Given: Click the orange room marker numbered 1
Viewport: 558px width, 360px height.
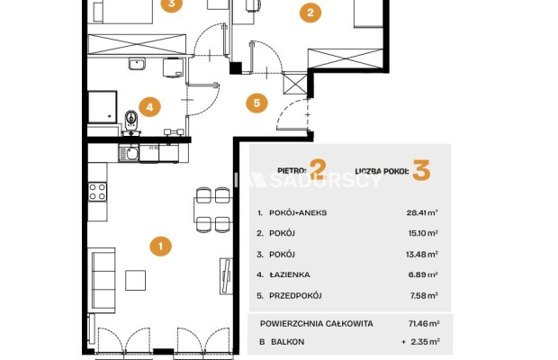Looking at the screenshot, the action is point(160,247).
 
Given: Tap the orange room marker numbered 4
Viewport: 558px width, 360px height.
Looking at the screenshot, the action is point(149,107).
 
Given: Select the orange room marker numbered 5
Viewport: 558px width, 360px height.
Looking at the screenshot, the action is point(256,103).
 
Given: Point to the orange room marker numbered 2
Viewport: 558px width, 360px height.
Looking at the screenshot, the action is point(310,13).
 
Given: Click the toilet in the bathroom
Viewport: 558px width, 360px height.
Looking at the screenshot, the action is point(131,121).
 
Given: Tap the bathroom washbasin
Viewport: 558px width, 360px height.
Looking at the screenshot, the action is point(137,64).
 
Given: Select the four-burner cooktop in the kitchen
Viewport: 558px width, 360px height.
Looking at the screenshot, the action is point(97,192).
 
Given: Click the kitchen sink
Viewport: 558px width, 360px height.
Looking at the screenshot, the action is point(129,154).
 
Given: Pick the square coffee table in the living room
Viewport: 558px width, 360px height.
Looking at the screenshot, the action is point(135,280).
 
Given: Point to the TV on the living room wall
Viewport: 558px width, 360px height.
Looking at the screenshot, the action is point(226,276).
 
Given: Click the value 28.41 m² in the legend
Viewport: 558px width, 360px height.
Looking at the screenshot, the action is point(422,212).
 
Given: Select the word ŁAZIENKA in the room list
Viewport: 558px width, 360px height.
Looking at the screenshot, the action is point(290,274).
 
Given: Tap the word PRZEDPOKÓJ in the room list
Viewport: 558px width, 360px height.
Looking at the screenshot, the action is point(295,295).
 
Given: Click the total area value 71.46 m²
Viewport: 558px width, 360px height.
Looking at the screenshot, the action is point(424,324).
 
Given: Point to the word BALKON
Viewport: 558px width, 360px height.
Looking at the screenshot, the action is point(287,342).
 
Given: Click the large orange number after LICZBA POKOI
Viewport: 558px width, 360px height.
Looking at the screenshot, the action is point(422,170).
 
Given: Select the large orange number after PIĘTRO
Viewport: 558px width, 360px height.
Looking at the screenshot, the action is point(318,169).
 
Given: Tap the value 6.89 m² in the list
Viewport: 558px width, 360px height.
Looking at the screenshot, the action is point(423,274).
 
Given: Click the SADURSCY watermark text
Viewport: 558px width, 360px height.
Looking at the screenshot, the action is point(325,180).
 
